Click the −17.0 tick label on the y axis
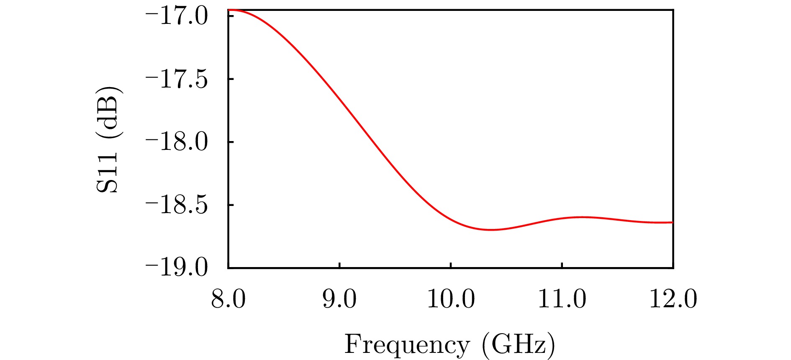[176, 17]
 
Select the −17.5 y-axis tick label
[176, 80]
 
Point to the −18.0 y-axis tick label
[176, 143]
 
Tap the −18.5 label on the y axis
[176, 206]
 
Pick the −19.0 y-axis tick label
[176, 269]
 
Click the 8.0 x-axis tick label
[228, 300]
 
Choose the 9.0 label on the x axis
[339, 300]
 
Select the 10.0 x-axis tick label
[451, 300]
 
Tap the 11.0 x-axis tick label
[562, 300]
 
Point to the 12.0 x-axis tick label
[673, 300]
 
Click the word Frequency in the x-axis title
[407, 346]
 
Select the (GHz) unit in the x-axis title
[519, 345]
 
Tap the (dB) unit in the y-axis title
[108, 113]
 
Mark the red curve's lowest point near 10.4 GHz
[490, 230]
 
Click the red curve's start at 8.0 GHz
[229, 10]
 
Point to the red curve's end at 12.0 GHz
[673, 222]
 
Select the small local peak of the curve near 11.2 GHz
[582, 217]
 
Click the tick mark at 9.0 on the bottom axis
[339, 265]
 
